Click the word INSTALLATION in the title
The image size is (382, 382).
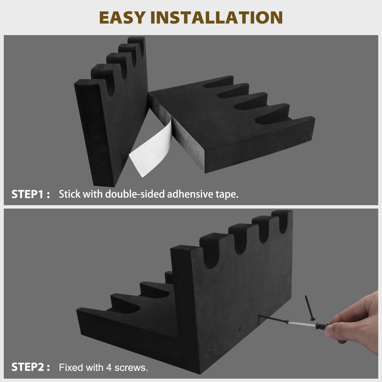(217, 17)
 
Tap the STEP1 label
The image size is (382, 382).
(30, 194)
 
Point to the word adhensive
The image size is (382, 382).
(190, 194)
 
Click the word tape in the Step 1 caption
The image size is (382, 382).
(226, 195)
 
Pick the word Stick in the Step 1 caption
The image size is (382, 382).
(70, 194)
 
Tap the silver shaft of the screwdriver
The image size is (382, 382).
(302, 324)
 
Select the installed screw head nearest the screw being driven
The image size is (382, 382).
(240, 329)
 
